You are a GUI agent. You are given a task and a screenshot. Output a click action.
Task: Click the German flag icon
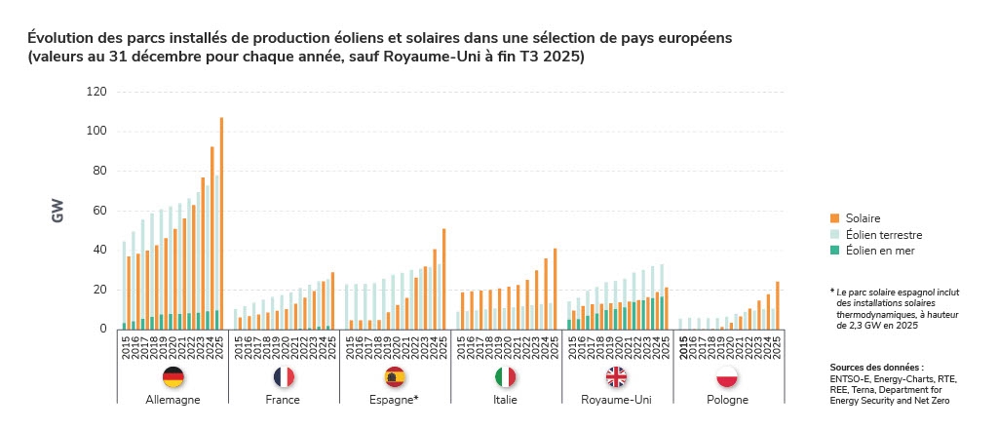pos(173,377)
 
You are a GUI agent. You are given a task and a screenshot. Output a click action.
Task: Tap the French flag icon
pos(284,377)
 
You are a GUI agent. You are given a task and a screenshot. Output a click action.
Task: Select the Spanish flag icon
pos(396,377)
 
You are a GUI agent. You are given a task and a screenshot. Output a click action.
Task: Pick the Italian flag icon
pos(506,377)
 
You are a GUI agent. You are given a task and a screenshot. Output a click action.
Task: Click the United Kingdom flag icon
pos(617,377)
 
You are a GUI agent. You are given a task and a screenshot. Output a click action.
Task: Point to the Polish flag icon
pos(727,377)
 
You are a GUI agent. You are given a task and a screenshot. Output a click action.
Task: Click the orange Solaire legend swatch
pos(835,218)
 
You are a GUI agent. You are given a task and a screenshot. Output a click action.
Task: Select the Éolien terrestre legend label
pos(885,235)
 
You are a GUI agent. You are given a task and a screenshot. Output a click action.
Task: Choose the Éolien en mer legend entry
pos(881,251)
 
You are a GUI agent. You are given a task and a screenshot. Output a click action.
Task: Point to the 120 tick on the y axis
pos(96,92)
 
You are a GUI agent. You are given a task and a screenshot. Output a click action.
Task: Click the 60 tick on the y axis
pos(98,211)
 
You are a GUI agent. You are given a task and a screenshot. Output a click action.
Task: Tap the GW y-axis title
pos(58,211)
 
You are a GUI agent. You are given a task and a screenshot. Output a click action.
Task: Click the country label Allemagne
pos(173,400)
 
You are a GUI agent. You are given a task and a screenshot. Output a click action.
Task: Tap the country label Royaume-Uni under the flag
pos(616,400)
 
